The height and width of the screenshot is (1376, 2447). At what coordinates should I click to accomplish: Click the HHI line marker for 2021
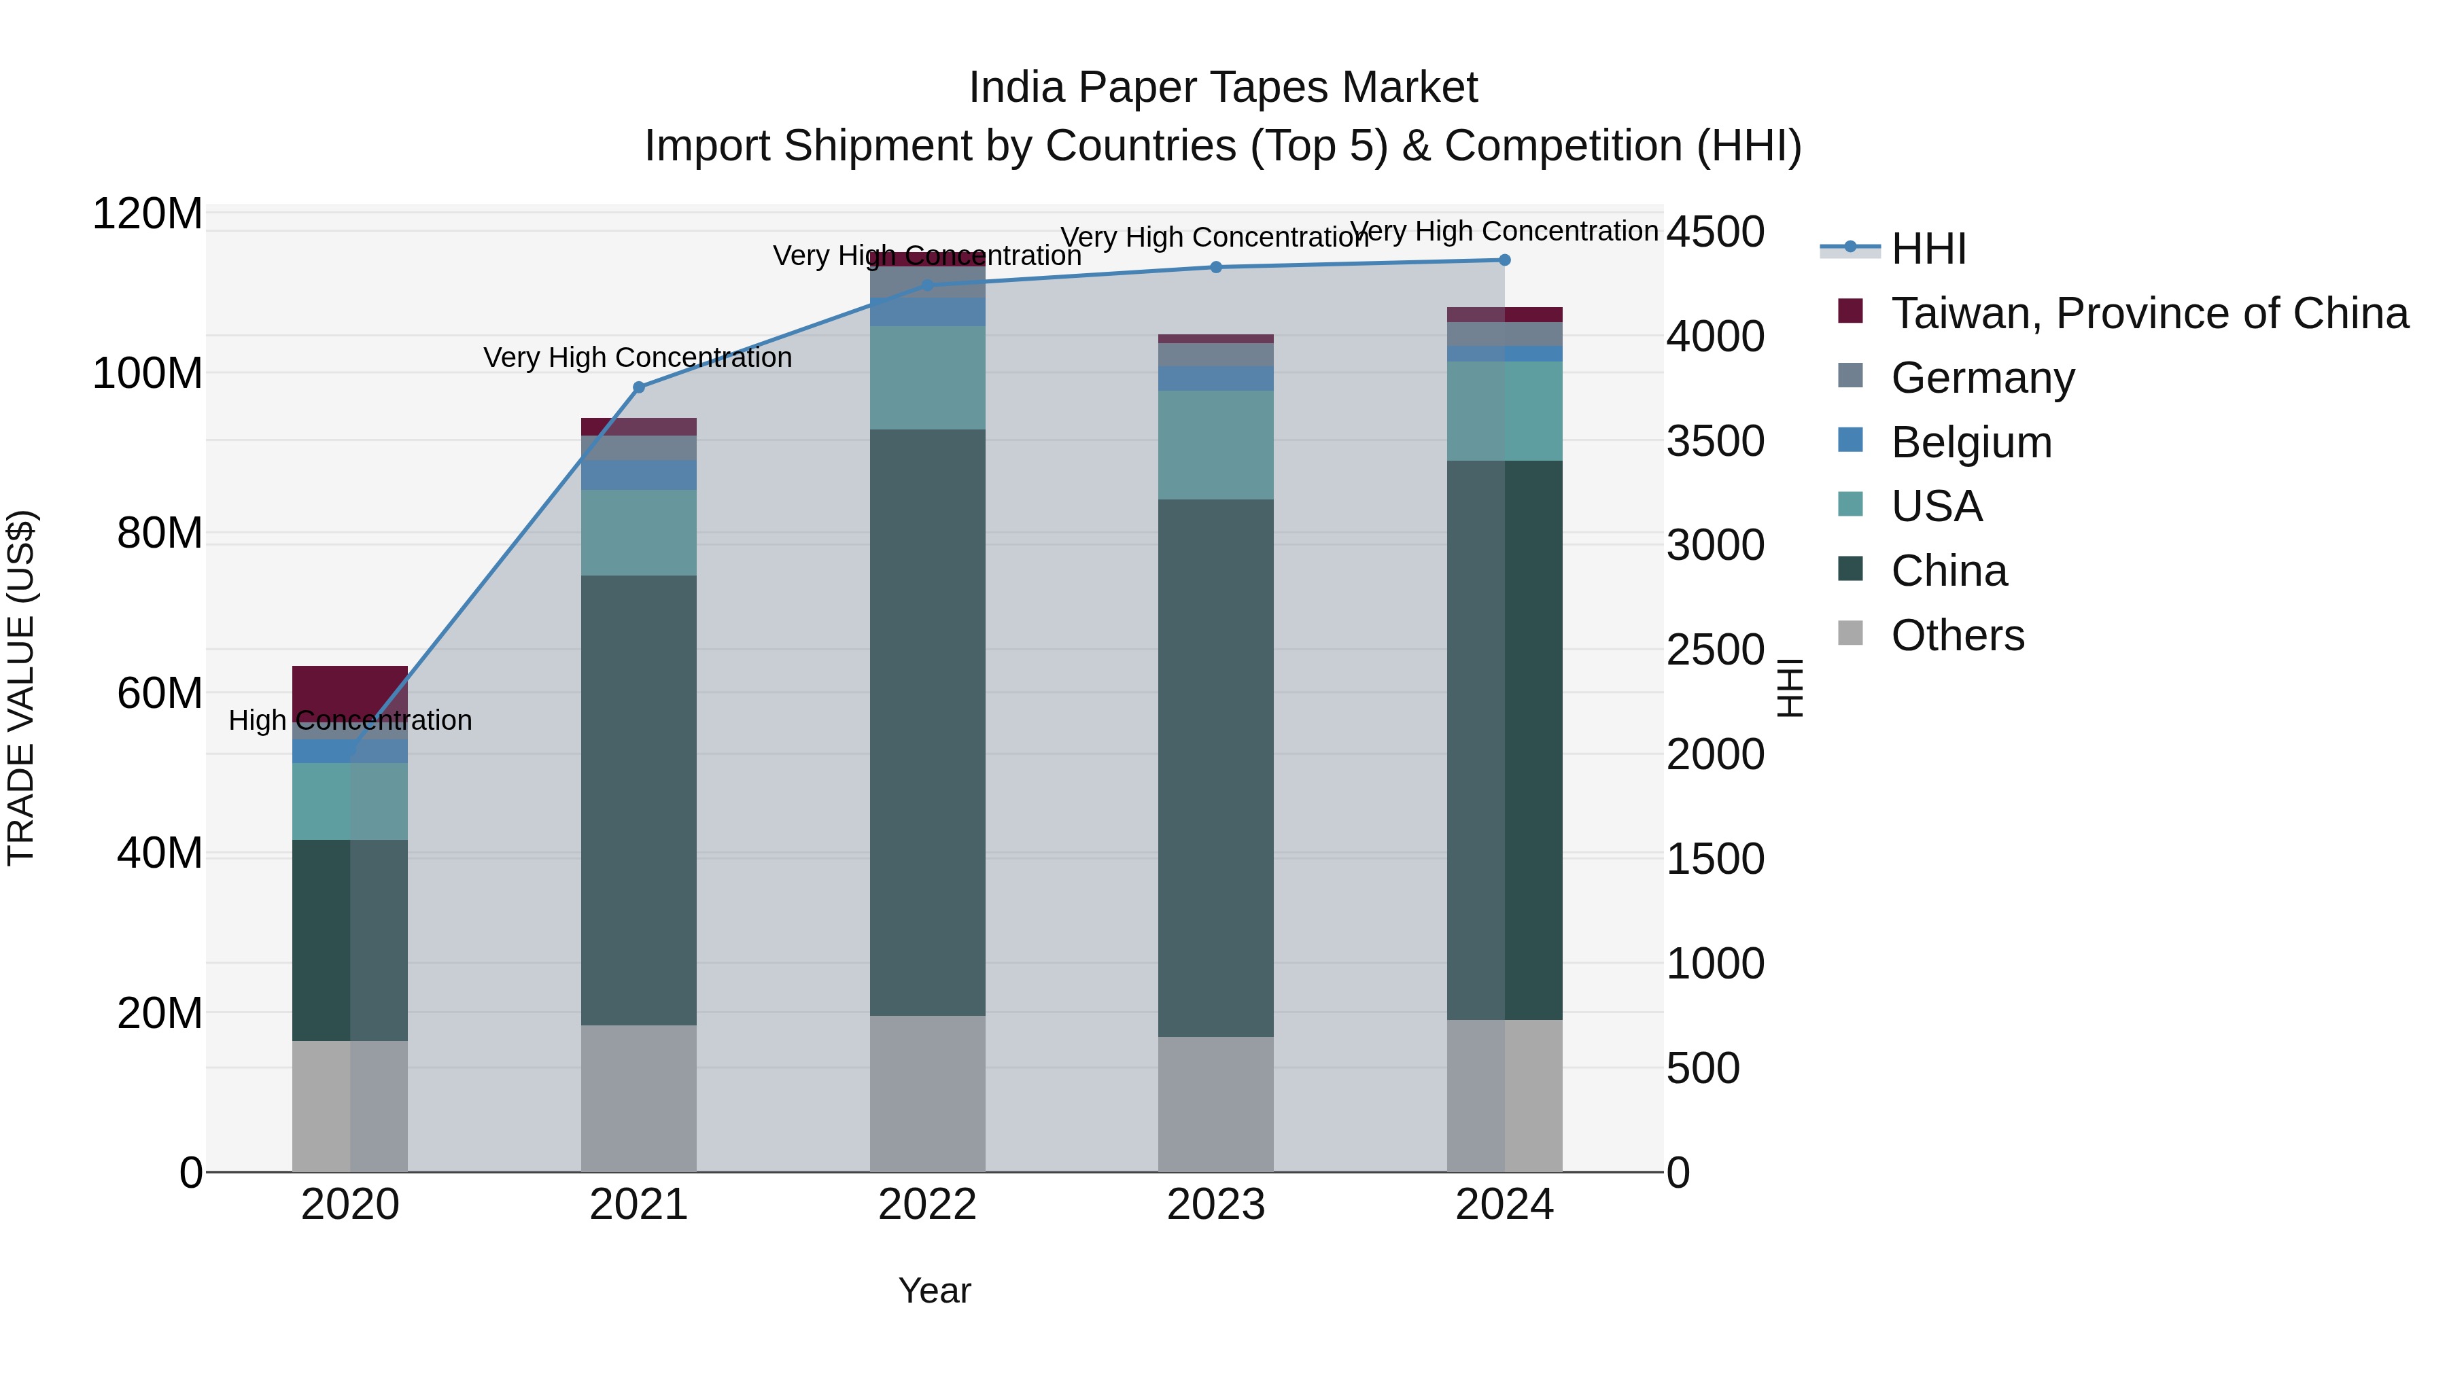(x=638, y=387)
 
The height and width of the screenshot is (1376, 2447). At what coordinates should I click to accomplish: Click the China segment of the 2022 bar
(x=927, y=722)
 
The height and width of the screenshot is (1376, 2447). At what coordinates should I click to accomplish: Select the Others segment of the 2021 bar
(x=638, y=1098)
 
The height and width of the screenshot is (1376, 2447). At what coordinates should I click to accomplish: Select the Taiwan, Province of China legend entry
(x=2149, y=313)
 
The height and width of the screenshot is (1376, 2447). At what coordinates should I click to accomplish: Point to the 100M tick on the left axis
(x=147, y=373)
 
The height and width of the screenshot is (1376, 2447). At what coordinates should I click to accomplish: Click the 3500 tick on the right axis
(x=1715, y=442)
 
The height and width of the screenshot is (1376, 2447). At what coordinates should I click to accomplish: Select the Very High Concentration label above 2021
(x=638, y=358)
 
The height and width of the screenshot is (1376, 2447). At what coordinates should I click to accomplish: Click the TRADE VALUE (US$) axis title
(x=21, y=688)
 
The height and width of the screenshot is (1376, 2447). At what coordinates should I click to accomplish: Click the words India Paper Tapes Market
(x=1223, y=88)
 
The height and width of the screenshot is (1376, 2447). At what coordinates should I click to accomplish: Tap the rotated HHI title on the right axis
(x=1789, y=688)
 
